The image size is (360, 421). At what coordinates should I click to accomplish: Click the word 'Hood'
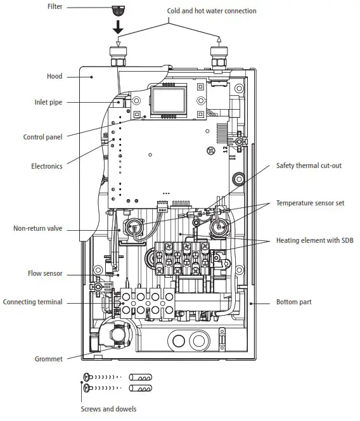click(55, 76)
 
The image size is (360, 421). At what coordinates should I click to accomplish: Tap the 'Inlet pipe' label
click(48, 102)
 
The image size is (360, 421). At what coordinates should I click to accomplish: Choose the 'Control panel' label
click(42, 137)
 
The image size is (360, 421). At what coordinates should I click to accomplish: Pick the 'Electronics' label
click(47, 166)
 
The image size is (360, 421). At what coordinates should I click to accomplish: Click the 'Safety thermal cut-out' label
click(309, 165)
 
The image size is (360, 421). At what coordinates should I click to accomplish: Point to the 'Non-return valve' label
click(38, 229)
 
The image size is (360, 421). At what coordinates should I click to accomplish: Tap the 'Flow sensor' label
click(46, 275)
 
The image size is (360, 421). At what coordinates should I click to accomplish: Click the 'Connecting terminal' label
click(33, 302)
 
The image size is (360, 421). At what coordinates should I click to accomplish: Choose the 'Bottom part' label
click(293, 302)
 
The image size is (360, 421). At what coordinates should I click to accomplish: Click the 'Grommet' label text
click(48, 359)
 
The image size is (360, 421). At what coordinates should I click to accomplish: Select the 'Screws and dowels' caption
click(108, 409)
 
